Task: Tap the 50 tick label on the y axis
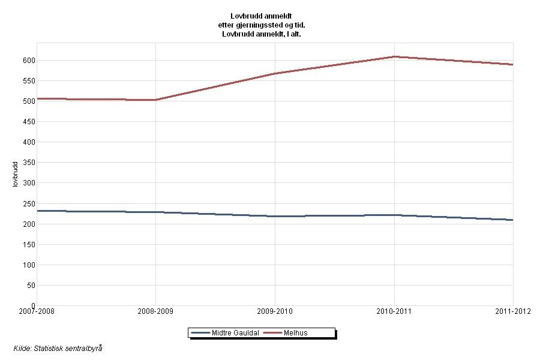click(x=29, y=286)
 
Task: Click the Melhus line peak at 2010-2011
click(x=394, y=57)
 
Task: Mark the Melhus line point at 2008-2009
click(x=155, y=100)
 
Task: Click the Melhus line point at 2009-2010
click(x=275, y=74)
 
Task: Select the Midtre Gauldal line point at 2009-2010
click(x=275, y=216)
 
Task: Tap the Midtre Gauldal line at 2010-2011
click(x=394, y=215)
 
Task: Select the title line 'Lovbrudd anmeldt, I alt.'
click(x=266, y=35)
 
